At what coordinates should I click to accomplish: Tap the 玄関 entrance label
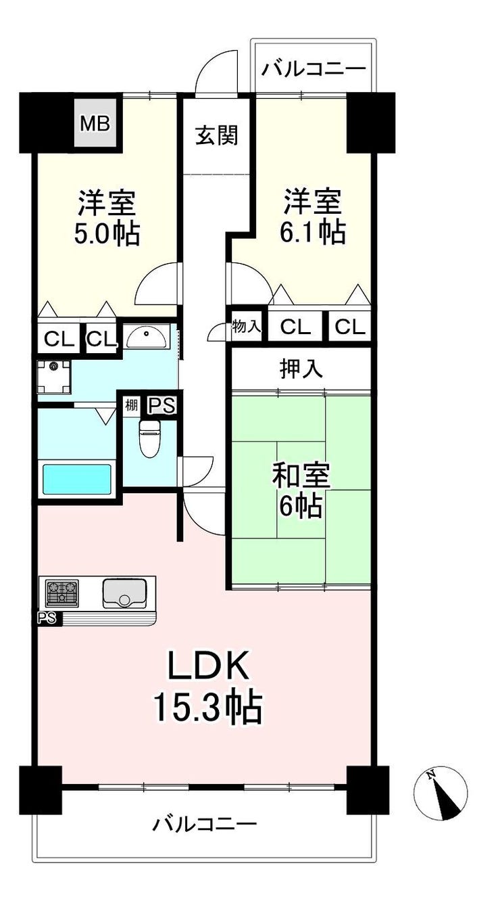click(217, 135)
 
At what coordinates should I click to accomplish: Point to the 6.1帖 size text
click(313, 232)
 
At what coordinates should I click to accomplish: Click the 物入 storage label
click(247, 326)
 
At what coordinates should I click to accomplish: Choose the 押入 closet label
click(301, 369)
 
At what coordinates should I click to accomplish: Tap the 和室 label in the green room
click(301, 476)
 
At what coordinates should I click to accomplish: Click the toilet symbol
click(149, 438)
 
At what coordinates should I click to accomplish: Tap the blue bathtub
click(77, 480)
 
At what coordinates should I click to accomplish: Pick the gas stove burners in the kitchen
click(62, 593)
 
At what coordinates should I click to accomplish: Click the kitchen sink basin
click(124, 593)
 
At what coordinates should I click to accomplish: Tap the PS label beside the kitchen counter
click(47, 618)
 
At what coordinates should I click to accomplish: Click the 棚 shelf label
click(131, 405)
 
